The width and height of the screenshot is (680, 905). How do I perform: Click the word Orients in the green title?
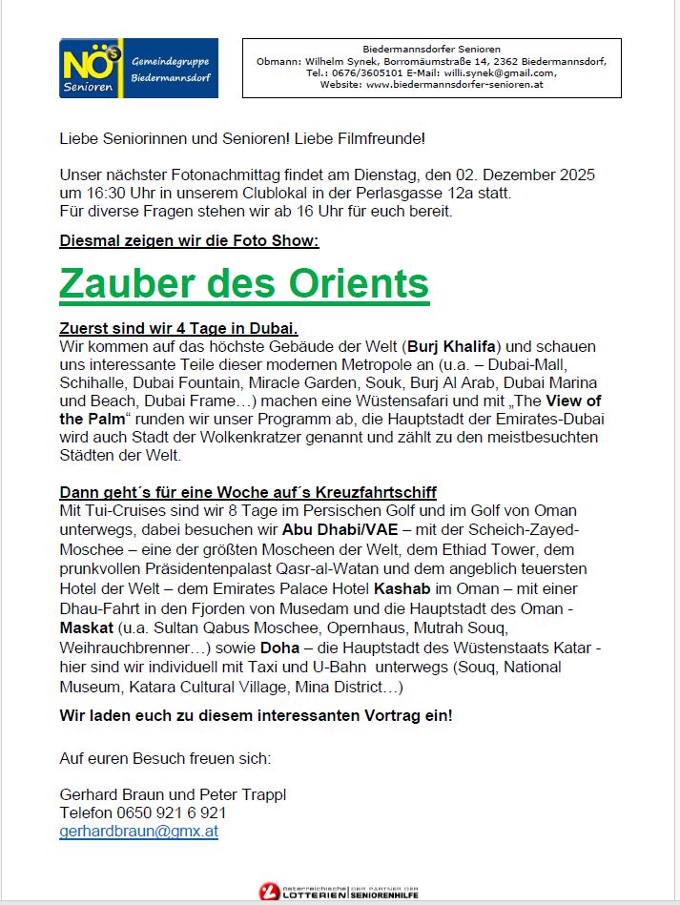click(361, 284)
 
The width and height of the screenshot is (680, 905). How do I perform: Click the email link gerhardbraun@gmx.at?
click(138, 831)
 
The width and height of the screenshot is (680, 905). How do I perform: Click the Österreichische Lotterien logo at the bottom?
click(340, 891)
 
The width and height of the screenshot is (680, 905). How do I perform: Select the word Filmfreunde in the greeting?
click(385, 139)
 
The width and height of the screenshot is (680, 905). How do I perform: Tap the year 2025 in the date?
click(576, 175)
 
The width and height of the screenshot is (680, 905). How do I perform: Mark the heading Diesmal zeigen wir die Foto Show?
click(189, 241)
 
